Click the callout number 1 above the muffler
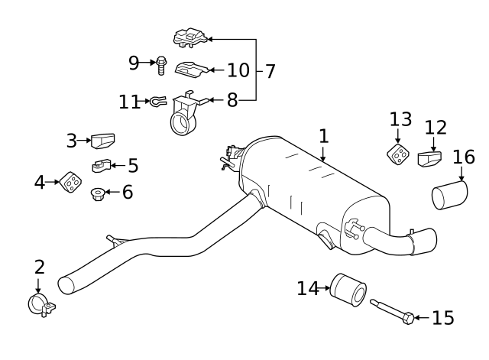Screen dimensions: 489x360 click(324, 136)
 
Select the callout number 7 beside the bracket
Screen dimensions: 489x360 click(270, 71)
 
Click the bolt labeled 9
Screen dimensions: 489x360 click(161, 66)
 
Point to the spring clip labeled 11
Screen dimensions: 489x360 click(158, 101)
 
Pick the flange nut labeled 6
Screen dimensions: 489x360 click(98, 194)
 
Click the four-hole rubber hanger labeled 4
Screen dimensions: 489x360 click(70, 182)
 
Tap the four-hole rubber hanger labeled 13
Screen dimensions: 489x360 click(398, 154)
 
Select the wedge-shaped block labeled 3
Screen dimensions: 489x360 click(103, 141)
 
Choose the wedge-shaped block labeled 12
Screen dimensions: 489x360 click(429, 158)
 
